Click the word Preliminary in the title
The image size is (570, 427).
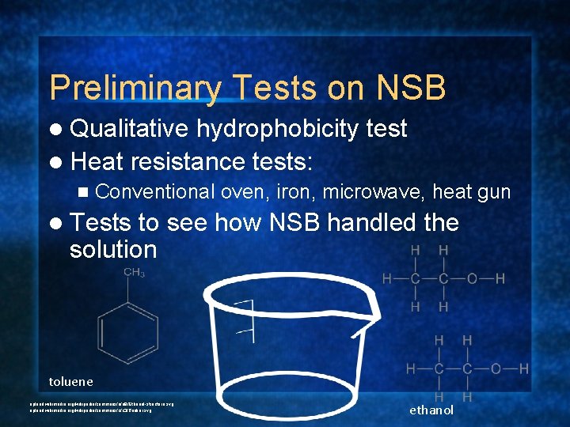click(135, 88)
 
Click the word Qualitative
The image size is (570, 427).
click(129, 129)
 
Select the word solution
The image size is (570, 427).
click(113, 249)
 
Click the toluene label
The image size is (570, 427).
click(70, 381)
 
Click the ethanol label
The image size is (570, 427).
click(431, 410)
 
